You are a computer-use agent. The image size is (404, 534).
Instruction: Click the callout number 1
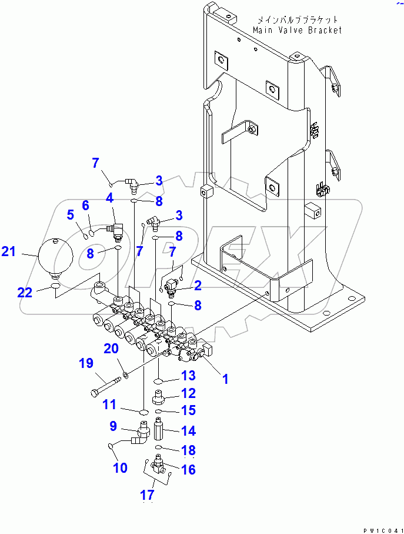click(224, 379)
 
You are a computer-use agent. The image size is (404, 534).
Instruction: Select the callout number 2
click(198, 286)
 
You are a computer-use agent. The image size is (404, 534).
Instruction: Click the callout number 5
click(71, 216)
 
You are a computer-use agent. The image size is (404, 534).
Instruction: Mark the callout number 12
click(188, 393)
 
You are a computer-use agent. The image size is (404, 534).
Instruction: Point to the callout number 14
click(188, 431)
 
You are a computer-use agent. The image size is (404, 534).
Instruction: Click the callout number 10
click(120, 468)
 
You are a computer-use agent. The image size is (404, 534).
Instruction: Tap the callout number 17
click(147, 495)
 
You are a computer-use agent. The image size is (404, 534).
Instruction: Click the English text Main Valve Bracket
click(297, 30)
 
